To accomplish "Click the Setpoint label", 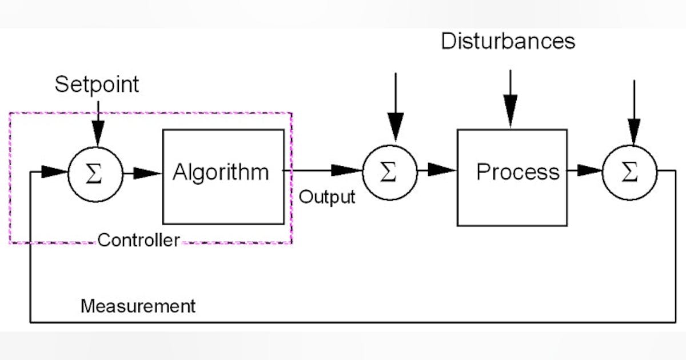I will click(97, 85).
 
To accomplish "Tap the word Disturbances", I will click(508, 42).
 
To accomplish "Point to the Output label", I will click(327, 197).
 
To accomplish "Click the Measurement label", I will click(138, 306).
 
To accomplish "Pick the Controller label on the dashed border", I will click(138, 240).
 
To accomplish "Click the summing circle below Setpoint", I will click(95, 173).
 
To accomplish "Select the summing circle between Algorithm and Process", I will click(390, 171).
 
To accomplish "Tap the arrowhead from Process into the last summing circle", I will click(589, 170).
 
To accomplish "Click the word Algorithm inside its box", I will click(221, 172).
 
